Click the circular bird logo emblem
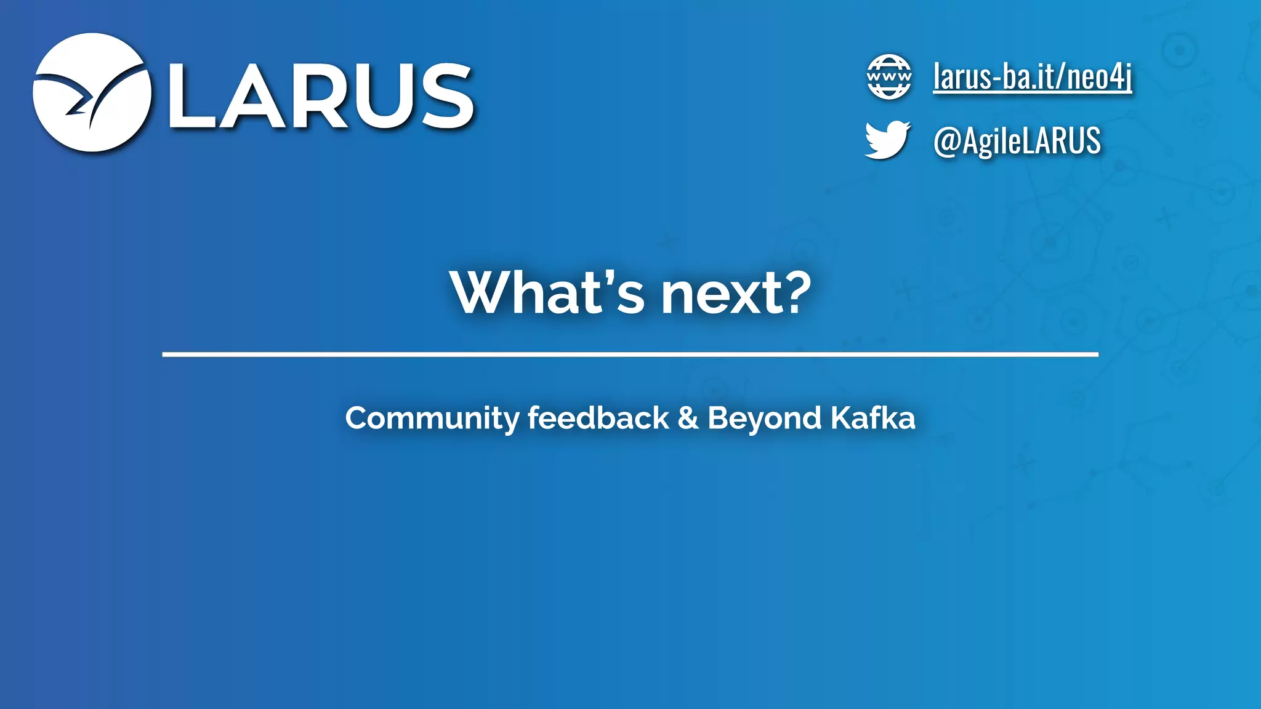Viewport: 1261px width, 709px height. (x=91, y=92)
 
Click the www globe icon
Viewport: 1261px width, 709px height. (x=888, y=77)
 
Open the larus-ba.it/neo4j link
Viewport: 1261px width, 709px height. (x=1032, y=77)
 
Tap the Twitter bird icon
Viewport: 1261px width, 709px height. (x=887, y=140)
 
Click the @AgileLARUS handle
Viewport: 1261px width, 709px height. (x=1017, y=141)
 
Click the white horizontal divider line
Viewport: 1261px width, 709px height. (x=630, y=354)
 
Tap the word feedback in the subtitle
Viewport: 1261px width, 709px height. (x=598, y=419)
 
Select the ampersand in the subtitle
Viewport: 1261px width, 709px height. (x=688, y=419)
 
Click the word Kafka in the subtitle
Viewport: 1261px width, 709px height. (x=872, y=419)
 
